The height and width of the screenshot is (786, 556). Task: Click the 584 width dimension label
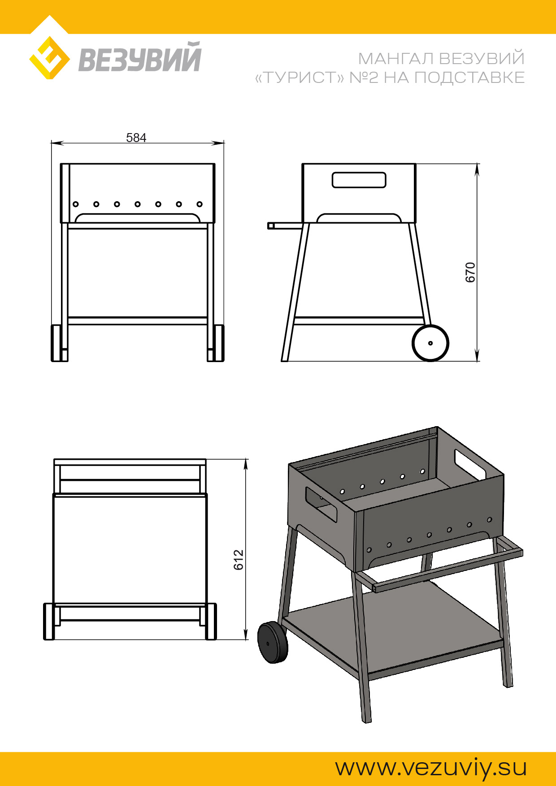point(136,138)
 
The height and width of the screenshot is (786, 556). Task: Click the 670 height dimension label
point(470,272)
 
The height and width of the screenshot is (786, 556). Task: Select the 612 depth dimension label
point(239,560)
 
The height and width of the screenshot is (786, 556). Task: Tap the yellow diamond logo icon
point(49,58)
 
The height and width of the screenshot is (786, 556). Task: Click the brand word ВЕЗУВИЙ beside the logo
point(140,57)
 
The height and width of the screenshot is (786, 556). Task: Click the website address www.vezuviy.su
point(431,768)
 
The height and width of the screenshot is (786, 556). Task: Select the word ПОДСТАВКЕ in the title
point(469,78)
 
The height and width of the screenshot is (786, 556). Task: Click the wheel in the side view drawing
point(430,343)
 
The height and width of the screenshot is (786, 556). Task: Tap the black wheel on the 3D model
point(273,642)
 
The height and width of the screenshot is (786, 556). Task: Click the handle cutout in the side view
point(359,180)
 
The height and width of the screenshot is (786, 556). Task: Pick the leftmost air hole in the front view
point(76,204)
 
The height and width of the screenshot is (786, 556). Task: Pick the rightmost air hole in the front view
point(200,204)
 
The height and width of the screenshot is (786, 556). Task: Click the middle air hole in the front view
point(138,204)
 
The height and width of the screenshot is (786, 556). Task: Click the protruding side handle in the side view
point(285,225)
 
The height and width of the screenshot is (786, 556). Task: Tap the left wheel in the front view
point(56,343)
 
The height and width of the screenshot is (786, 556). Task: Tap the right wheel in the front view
point(219,343)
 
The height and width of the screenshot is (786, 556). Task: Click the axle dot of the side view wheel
point(430,343)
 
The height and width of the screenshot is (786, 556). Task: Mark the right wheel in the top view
point(211,622)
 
